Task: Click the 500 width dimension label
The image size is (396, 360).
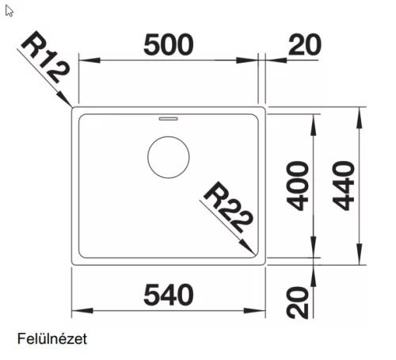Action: tap(169, 44)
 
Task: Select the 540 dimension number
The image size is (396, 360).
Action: tap(169, 295)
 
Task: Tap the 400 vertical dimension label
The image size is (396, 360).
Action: tap(298, 186)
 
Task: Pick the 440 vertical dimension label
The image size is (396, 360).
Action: tap(344, 186)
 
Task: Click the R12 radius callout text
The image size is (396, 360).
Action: tap(45, 57)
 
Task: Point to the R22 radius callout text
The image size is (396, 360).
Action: tap(228, 207)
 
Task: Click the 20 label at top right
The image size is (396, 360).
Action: tap(305, 44)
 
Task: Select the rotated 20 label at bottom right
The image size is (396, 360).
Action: tap(298, 303)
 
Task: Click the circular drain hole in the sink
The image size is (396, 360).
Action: tap(169, 157)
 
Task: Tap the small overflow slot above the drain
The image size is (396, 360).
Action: tap(168, 118)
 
